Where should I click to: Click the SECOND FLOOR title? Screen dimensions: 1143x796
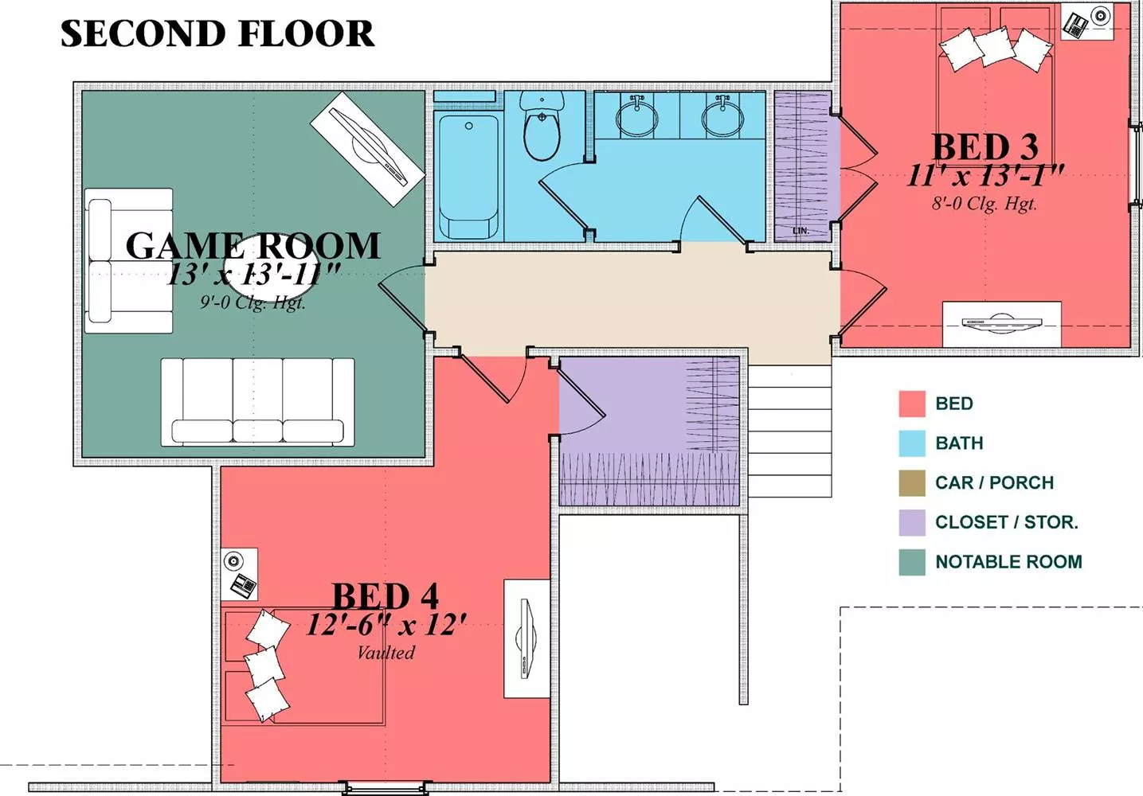[218, 33]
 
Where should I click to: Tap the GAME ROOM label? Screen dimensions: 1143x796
[253, 246]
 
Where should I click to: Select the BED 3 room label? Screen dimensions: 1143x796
[984, 147]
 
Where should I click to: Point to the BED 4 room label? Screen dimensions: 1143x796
[386, 595]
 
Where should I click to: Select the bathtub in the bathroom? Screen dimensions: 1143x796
[468, 177]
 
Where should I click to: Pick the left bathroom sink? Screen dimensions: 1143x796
[637, 116]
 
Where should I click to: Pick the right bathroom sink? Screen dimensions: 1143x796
[722, 116]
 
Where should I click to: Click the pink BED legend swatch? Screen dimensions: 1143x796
[912, 404]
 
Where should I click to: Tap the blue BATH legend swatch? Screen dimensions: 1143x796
[912, 443]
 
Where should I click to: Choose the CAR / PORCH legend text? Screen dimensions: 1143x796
[995, 482]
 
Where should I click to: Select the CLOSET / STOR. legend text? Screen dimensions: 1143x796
[1007, 521]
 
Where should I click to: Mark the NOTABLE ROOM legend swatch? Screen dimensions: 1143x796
[912, 562]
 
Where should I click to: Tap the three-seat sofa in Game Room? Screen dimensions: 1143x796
[258, 402]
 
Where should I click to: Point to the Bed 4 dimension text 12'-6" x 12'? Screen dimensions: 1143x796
[386, 625]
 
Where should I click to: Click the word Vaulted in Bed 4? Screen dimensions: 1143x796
[386, 653]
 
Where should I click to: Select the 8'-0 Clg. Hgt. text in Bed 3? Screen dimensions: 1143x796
[984, 204]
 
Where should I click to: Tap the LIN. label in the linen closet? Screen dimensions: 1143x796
[800, 231]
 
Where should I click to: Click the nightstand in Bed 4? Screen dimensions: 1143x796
[239, 574]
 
